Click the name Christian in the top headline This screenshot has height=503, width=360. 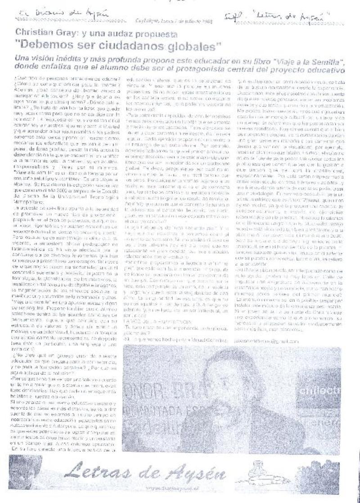[33, 34]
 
